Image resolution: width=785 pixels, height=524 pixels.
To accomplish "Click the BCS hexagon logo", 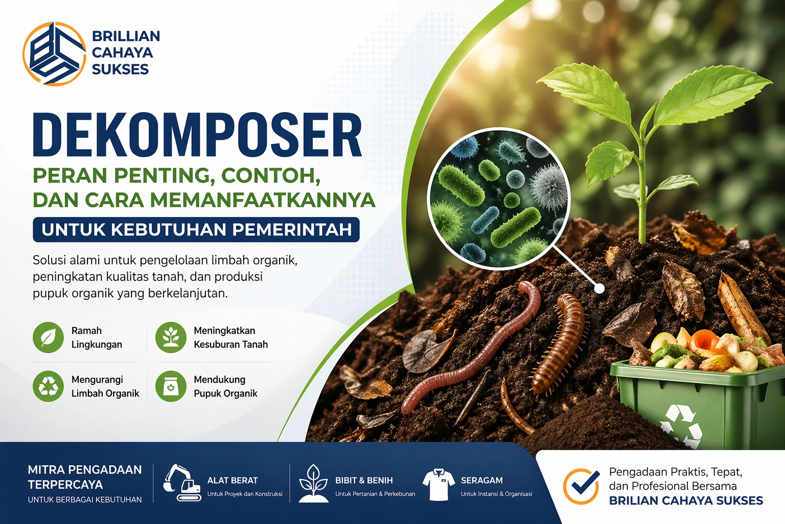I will (54, 54).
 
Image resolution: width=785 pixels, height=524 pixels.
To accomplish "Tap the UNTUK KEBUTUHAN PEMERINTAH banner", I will (196, 230).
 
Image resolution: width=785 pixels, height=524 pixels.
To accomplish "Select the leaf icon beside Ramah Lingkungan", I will (48, 337).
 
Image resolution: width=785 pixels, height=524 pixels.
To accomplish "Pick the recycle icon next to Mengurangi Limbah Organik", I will (48, 386).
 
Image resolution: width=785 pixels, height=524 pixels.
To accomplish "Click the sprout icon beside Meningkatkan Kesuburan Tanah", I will (171, 337).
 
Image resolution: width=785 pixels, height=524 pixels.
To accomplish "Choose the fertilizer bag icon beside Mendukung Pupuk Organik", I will (171, 386).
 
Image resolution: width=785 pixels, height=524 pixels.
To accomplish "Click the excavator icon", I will (182, 483).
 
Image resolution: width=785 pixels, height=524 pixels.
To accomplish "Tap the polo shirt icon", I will (438, 484).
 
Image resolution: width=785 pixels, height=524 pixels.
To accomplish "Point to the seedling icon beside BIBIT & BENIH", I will (313, 484).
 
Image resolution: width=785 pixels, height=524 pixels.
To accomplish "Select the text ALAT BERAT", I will (233, 481).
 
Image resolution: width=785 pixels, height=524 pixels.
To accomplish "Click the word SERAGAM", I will (482, 481).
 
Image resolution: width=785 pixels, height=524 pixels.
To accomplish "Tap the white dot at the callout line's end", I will (599, 289).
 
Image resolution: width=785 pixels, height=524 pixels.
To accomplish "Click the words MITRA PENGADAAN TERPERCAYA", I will (85, 477).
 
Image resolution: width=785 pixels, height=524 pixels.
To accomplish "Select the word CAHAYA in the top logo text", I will (122, 53).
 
